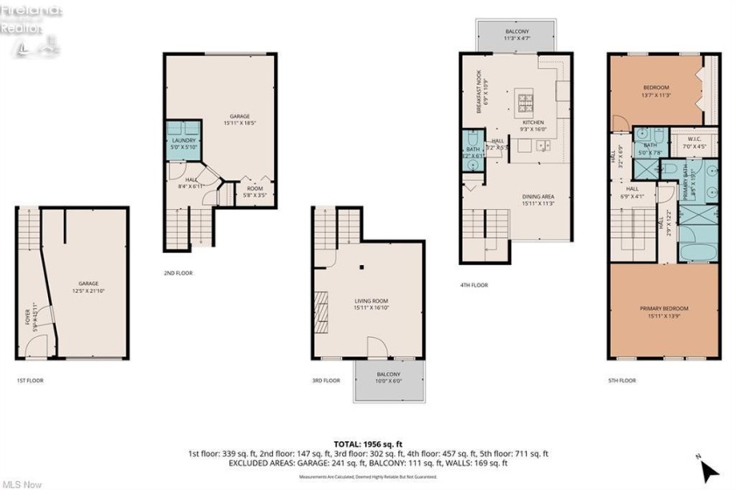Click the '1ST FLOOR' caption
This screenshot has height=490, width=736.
tap(30, 381)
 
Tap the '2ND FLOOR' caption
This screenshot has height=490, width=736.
tap(178, 273)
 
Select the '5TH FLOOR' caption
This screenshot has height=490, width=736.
tap(623, 381)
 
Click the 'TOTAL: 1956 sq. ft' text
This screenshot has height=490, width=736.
tap(368, 444)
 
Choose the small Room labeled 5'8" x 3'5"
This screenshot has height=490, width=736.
tap(255, 190)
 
